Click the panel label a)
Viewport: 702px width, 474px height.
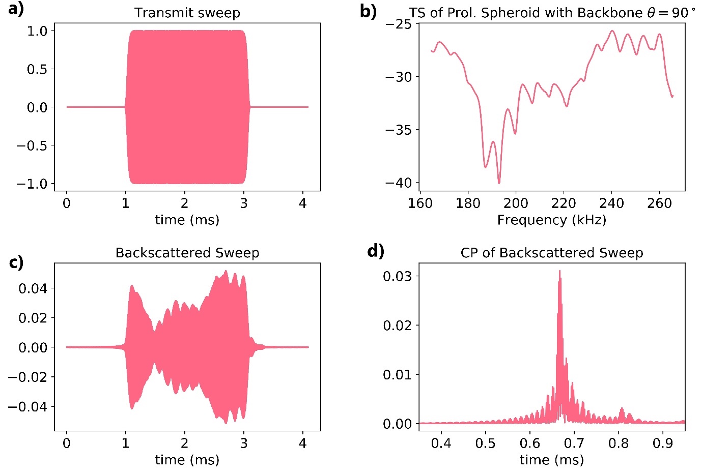(16, 9)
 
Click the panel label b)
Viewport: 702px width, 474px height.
(368, 11)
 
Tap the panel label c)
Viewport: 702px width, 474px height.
(16, 263)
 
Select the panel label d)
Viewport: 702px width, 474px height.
(376, 251)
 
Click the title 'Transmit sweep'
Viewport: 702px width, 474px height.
(187, 13)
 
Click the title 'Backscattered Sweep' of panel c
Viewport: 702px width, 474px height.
(187, 253)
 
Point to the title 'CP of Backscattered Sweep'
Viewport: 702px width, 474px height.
(552, 253)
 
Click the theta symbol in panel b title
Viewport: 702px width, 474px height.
(651, 13)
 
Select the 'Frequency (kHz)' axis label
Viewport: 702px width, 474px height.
(552, 220)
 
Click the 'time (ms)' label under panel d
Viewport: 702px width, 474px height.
(552, 460)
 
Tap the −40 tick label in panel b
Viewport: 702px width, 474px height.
(399, 183)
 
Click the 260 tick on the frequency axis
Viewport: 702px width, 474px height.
(659, 203)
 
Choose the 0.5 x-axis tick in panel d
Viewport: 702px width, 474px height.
(485, 443)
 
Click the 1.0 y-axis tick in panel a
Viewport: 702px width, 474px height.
(37, 31)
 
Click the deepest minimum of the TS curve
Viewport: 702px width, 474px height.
(499, 183)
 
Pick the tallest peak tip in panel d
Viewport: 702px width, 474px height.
(559, 271)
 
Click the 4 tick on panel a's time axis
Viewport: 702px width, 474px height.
(303, 203)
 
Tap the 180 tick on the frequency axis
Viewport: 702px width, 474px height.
(468, 203)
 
